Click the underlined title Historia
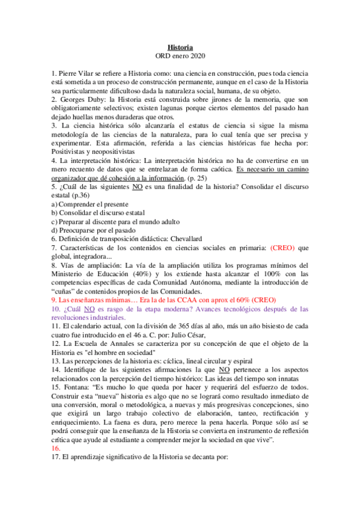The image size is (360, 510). pos(180,47)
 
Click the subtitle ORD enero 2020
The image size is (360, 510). pos(180,57)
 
